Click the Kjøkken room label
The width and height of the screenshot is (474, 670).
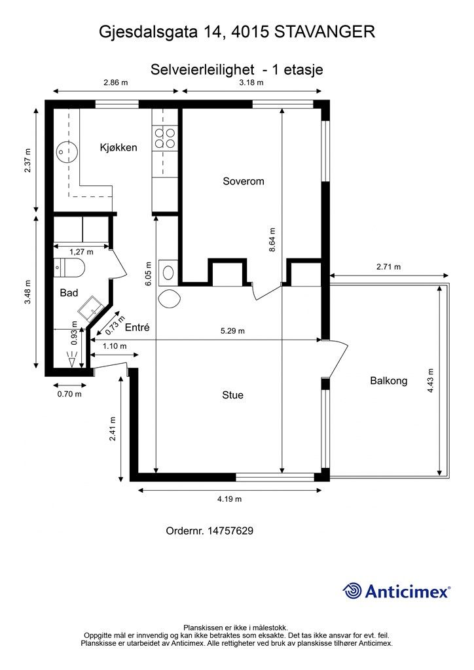click(x=119, y=148)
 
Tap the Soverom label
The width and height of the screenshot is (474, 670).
click(x=243, y=181)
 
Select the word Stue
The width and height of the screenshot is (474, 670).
click(x=232, y=395)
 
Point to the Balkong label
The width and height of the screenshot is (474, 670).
click(x=388, y=381)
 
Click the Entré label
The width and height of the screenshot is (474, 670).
click(x=137, y=327)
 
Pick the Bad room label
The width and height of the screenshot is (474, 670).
click(x=69, y=292)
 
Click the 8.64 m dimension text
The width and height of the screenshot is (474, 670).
click(x=272, y=239)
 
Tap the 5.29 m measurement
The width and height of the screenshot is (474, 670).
click(x=232, y=330)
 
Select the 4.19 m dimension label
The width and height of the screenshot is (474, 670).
click(x=230, y=499)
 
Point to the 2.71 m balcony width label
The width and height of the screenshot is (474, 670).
click(x=388, y=267)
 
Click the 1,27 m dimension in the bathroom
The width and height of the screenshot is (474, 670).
click(x=81, y=252)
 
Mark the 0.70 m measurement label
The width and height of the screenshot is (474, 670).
click(x=69, y=394)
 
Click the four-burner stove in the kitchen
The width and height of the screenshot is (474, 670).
click(x=165, y=138)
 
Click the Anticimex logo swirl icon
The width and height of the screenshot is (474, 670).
click(x=352, y=591)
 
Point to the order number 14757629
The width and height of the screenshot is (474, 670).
click(x=230, y=531)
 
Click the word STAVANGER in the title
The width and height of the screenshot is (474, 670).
click(x=325, y=32)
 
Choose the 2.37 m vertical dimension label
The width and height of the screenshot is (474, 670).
click(x=28, y=160)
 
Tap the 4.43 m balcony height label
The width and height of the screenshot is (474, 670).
click(x=431, y=381)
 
